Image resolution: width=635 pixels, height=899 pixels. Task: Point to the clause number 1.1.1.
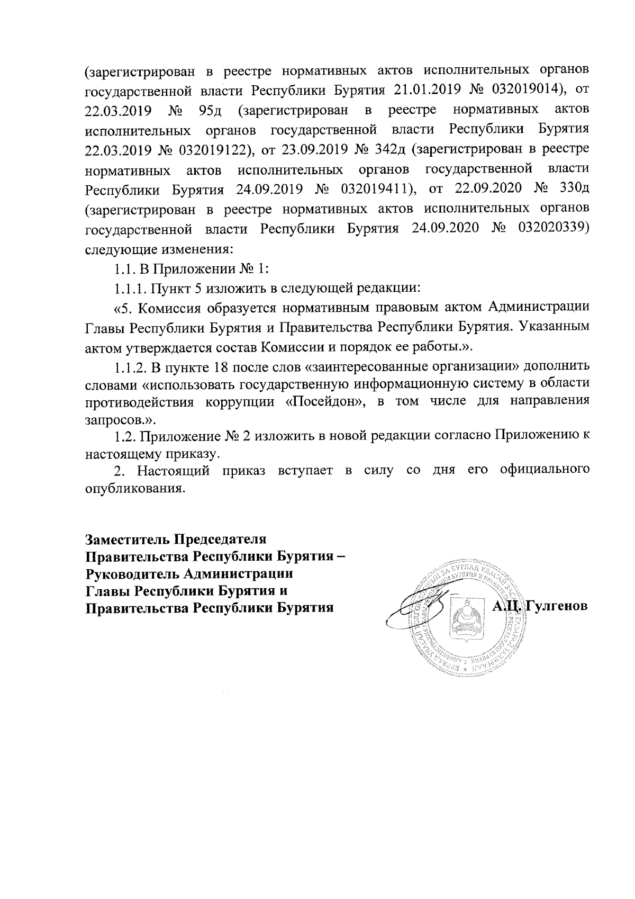(x=129, y=289)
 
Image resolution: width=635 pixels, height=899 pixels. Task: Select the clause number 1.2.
(x=125, y=437)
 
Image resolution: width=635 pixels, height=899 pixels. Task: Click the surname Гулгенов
(x=557, y=607)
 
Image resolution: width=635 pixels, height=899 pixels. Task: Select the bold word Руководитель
(x=128, y=573)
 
